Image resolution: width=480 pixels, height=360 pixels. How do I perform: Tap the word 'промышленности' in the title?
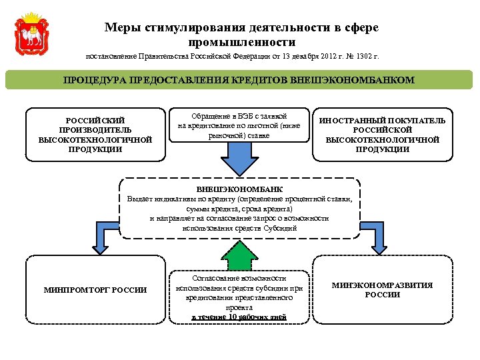pos(241,42)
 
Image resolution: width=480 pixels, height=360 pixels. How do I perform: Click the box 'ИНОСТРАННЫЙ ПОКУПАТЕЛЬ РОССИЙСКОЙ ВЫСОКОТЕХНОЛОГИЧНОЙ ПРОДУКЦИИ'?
pos(383,135)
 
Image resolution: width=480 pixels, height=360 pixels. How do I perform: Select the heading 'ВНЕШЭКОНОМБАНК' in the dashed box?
pos(239,190)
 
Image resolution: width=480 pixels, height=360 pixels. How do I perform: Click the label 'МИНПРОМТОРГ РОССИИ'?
pos(95,289)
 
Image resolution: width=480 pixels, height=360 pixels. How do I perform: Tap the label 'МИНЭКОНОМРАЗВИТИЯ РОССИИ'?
pos(383,289)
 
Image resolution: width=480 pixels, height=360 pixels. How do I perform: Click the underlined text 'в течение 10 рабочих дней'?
pos(239,317)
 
